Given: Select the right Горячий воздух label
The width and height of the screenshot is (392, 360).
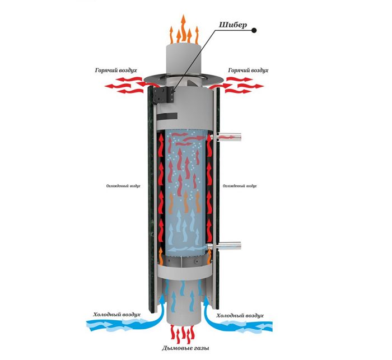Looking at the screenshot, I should coord(248,71).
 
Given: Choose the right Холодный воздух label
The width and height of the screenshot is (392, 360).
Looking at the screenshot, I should coord(237,315).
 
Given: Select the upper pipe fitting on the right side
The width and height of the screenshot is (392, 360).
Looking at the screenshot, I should coord(230,135).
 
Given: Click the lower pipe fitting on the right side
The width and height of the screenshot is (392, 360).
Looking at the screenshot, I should coord(230,245).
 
